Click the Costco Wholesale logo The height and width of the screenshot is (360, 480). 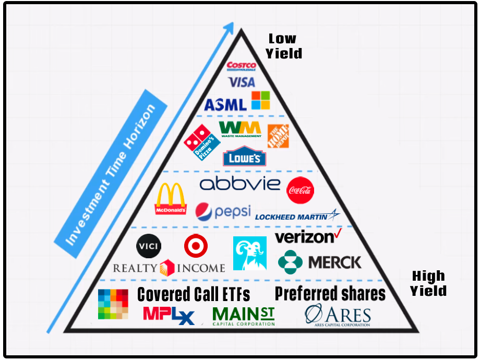click(241, 66)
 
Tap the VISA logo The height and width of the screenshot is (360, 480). click(242, 82)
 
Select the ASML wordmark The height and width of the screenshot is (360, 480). click(225, 104)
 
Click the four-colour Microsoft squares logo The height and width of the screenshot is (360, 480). click(261, 100)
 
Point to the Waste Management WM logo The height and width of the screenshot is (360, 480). click(240, 129)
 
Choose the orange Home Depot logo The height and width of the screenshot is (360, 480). click(278, 136)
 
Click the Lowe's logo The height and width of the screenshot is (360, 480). click(244, 158)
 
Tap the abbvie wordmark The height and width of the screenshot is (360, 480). click(240, 184)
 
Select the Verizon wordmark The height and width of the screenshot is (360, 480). click(308, 237)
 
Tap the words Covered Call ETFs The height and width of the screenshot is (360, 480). click(194, 295)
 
